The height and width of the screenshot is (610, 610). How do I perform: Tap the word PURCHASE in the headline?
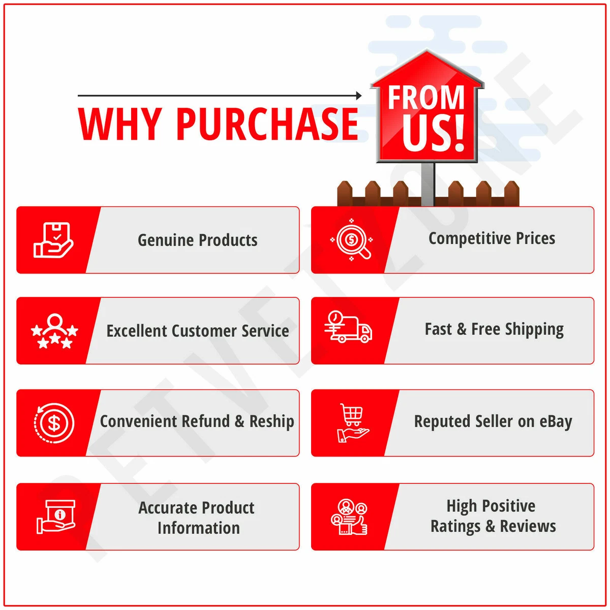(267, 124)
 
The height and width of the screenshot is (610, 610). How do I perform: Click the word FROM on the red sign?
(426, 98)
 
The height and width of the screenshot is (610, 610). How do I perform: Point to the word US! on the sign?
(433, 133)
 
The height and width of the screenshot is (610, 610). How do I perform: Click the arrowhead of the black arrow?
(359, 95)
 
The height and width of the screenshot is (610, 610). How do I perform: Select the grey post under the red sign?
(428, 184)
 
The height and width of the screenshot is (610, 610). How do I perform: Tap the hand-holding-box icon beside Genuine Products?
(53, 240)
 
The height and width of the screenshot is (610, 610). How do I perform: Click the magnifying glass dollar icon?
(351, 239)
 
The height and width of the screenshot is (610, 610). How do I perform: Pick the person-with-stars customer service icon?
(54, 331)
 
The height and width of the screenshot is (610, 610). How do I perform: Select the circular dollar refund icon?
(54, 423)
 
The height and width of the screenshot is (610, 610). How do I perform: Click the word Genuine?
(165, 240)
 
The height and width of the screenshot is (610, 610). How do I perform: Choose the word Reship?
(271, 421)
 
